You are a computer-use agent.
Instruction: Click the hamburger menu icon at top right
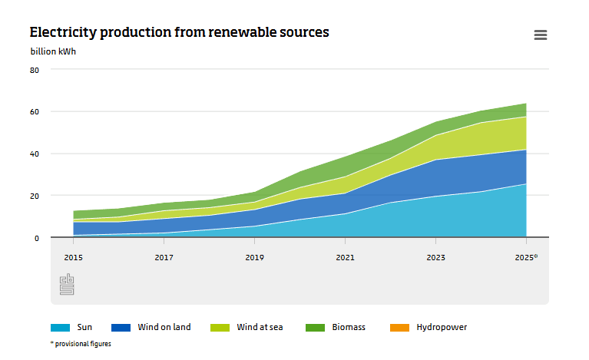click(x=540, y=35)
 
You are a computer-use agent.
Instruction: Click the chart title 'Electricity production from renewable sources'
click(x=179, y=32)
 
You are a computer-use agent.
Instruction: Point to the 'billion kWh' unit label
click(x=53, y=52)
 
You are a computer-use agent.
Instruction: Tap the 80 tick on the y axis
click(x=34, y=70)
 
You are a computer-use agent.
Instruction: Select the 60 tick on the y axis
click(x=34, y=112)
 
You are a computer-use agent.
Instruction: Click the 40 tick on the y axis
click(x=34, y=154)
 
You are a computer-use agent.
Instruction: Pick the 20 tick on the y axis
click(x=34, y=197)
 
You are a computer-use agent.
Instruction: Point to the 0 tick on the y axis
click(x=36, y=239)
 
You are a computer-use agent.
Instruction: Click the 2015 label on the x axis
click(x=73, y=258)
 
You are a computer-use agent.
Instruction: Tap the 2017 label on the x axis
click(x=164, y=258)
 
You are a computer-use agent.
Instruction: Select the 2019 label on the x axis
click(x=254, y=258)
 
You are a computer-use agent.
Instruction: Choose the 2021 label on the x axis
click(x=345, y=258)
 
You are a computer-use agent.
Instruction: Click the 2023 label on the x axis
click(x=435, y=258)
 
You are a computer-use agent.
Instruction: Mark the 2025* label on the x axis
click(x=527, y=258)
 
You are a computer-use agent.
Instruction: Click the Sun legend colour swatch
click(x=61, y=328)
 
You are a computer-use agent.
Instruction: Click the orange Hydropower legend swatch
click(x=399, y=328)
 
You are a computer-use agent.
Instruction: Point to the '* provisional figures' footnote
click(x=81, y=344)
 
